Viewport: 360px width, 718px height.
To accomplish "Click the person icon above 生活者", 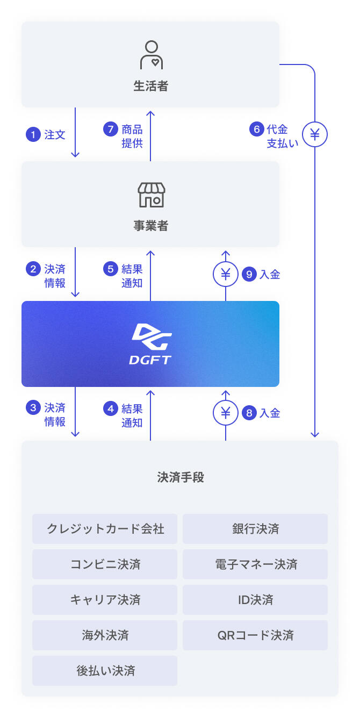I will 151,55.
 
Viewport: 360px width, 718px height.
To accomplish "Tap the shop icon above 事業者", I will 151,195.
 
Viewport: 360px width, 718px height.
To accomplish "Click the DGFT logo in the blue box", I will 150,344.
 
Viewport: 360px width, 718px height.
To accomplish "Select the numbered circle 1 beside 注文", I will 33,134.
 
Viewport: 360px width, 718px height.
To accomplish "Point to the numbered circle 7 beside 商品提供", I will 111,130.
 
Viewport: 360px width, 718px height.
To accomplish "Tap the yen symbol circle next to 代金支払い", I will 315,134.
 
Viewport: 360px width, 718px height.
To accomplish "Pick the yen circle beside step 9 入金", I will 226,275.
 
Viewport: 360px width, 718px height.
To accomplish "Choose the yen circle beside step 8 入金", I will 226,413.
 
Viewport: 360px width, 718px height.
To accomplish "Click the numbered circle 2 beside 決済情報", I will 33,269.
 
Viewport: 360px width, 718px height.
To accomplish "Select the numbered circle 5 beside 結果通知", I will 111,269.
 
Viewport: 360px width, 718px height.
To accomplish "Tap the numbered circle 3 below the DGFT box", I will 33,408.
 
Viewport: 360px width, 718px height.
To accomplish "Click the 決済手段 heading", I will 180,477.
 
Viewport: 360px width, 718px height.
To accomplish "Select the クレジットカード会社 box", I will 105,529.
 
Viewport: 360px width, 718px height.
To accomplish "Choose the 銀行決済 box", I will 255,529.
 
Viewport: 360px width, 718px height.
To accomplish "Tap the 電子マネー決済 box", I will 255,564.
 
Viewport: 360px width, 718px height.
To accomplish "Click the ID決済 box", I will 255,600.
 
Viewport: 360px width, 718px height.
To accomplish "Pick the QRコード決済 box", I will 255,635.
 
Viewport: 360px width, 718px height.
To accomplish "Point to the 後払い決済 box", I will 105,671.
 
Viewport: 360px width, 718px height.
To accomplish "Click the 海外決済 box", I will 105,635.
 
